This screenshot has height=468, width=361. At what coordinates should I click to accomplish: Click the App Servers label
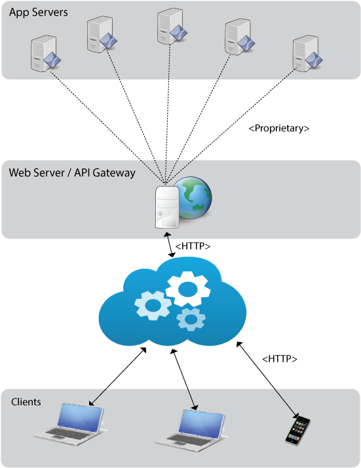click(38, 12)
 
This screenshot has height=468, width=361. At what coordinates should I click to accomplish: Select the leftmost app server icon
click(45, 54)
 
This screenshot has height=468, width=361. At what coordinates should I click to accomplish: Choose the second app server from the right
click(238, 37)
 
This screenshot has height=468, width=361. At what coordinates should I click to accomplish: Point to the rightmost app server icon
click(307, 53)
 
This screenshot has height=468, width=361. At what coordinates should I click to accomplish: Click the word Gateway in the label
click(115, 173)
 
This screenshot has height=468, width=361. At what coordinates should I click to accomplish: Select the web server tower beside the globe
click(166, 206)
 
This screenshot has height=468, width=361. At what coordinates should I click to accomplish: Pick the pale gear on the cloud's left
click(152, 305)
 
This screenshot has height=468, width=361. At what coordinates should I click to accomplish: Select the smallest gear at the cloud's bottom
click(191, 319)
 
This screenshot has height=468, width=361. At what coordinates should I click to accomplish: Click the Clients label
click(26, 402)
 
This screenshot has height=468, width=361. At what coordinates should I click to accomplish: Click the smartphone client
click(297, 431)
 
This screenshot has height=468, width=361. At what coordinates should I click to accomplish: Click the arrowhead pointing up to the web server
click(168, 233)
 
